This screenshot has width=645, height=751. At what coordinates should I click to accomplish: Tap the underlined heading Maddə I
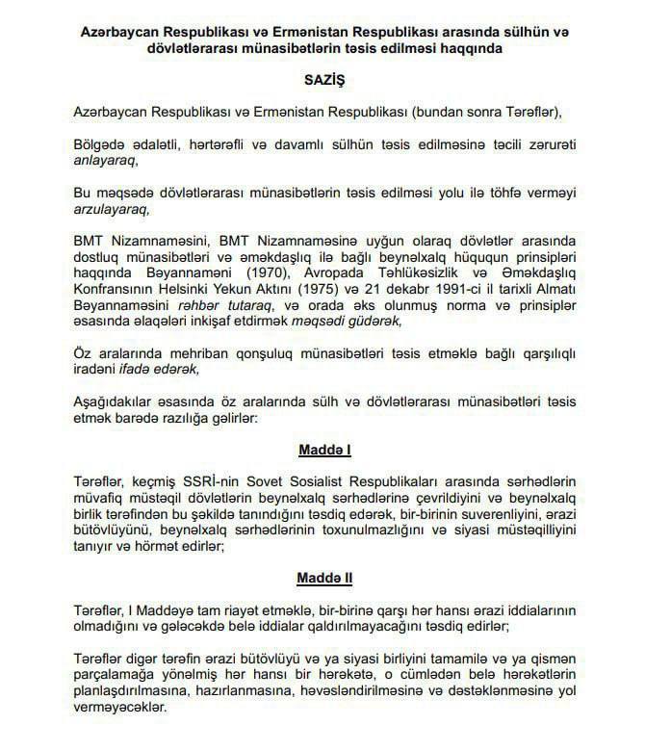[322, 451]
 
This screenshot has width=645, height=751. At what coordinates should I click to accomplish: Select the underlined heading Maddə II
[322, 579]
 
